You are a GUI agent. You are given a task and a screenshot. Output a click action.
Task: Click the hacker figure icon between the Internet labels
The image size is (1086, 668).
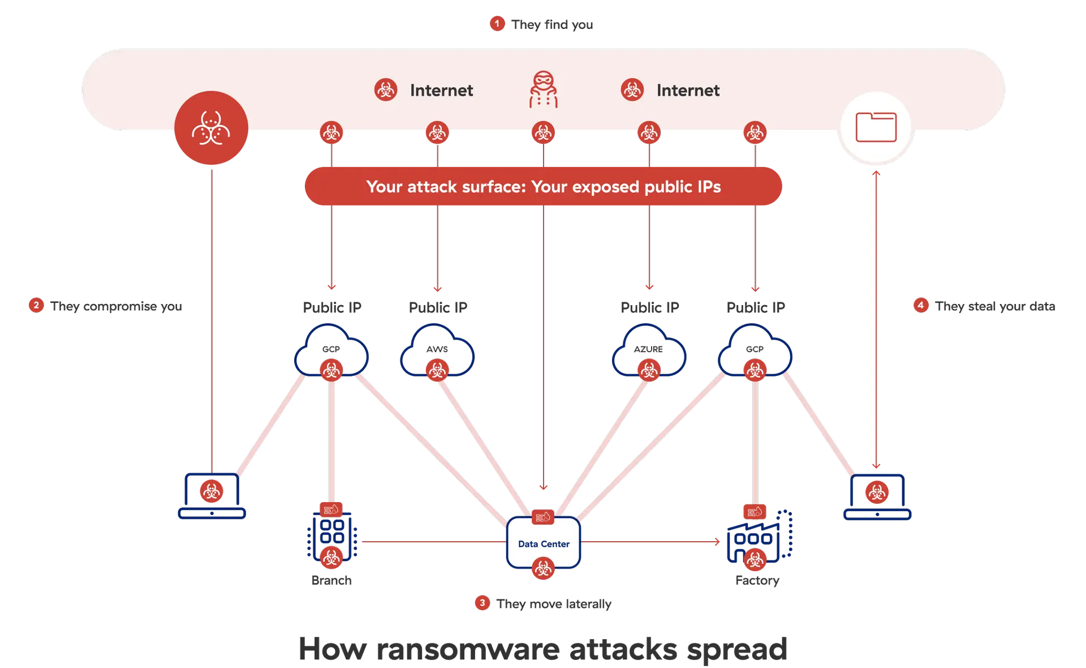click(543, 89)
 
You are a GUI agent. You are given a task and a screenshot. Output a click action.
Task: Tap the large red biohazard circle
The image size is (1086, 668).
click(211, 128)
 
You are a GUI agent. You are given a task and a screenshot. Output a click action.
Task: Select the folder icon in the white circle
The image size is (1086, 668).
click(876, 127)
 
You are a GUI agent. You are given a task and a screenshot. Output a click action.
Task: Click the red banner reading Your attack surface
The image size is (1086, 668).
click(543, 186)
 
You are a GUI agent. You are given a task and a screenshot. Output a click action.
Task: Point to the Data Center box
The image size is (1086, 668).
click(544, 543)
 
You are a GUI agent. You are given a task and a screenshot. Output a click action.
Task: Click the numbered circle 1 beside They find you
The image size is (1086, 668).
click(497, 24)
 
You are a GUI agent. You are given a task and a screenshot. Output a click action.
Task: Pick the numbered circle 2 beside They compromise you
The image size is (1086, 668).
click(36, 305)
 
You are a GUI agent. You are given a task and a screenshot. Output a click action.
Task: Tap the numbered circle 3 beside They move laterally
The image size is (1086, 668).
click(482, 603)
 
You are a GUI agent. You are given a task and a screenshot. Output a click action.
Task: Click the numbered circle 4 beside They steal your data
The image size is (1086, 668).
click(921, 305)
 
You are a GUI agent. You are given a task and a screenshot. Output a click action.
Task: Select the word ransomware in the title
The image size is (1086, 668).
click(468, 649)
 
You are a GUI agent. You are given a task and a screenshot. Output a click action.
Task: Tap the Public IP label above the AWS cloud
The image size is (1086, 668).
click(437, 307)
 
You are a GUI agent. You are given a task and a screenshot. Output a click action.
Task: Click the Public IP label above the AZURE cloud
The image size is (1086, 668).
click(649, 307)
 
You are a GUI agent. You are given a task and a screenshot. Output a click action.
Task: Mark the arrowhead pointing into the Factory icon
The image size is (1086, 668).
click(717, 542)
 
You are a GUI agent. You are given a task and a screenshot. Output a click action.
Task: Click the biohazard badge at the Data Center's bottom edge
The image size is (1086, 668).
click(543, 568)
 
